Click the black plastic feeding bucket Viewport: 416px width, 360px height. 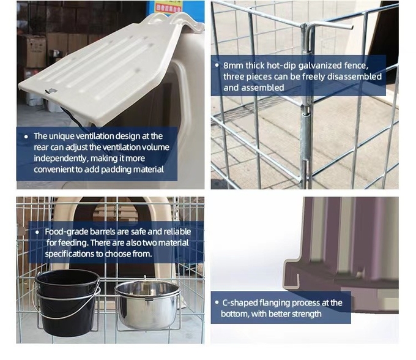click(x=67, y=302)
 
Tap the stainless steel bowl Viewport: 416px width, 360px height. click(x=148, y=306)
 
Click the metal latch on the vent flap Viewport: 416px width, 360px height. click(x=51, y=91)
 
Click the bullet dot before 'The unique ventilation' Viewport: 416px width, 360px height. click(x=26, y=137)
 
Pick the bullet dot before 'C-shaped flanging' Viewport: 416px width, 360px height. click(x=217, y=302)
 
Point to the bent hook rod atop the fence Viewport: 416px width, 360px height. click(x=330, y=25)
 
